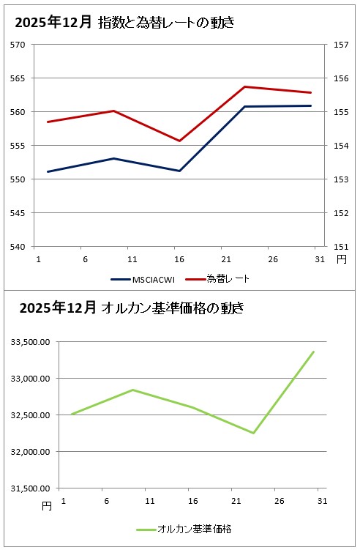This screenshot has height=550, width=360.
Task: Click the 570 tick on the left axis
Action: point(18,44)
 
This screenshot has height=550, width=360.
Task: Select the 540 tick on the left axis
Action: point(18,247)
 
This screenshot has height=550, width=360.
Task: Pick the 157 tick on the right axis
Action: point(340,44)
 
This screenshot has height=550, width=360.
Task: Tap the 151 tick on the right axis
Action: point(340,247)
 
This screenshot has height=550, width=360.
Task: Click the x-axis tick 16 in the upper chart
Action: point(179,259)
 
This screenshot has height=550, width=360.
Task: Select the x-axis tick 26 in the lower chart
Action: point(279,501)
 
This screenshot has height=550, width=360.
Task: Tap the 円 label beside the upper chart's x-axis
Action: point(342,259)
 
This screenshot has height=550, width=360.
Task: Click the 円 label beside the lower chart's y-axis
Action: point(47,505)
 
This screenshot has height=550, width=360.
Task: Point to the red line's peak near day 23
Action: point(245,87)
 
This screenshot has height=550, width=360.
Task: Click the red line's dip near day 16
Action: point(180,141)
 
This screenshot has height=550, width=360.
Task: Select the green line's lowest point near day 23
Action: point(254,433)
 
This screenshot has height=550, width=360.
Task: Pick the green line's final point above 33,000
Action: point(314,352)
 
